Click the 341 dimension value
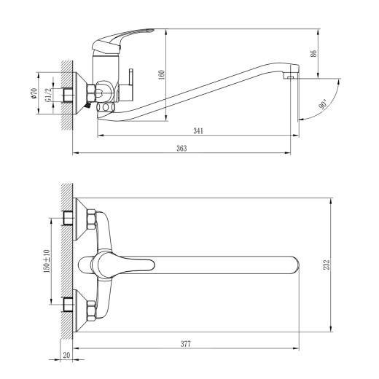click(x=198, y=130)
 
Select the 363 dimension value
click(x=182, y=148)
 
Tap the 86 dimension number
click(x=315, y=52)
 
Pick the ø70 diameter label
click(x=34, y=93)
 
